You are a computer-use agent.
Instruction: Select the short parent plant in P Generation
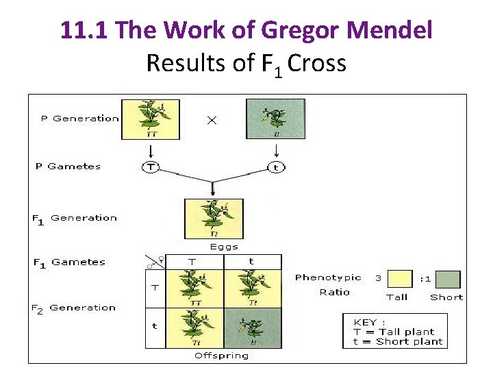pyautogui.click(x=275, y=119)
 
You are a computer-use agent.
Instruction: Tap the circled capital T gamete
pyautogui.click(x=150, y=167)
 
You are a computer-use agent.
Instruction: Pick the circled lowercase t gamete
pyautogui.click(x=275, y=167)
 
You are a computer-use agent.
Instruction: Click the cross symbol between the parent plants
pyautogui.click(x=212, y=120)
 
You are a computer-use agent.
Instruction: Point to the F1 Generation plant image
pyautogui.click(x=214, y=218)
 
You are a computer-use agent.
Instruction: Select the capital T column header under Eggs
pyautogui.click(x=192, y=262)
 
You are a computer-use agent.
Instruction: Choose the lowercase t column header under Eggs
pyautogui.click(x=251, y=262)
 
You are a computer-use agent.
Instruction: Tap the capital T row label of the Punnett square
pyautogui.click(x=155, y=288)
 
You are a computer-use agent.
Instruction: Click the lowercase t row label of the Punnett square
pyautogui.click(x=155, y=326)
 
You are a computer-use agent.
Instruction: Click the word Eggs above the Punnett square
pyautogui.click(x=224, y=247)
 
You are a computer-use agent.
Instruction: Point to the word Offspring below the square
pyautogui.click(x=222, y=356)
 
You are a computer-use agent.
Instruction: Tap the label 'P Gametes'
pyautogui.click(x=68, y=166)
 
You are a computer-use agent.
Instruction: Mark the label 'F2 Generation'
pyautogui.click(x=73, y=308)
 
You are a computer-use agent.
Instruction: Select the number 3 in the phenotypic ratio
pyautogui.click(x=378, y=278)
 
